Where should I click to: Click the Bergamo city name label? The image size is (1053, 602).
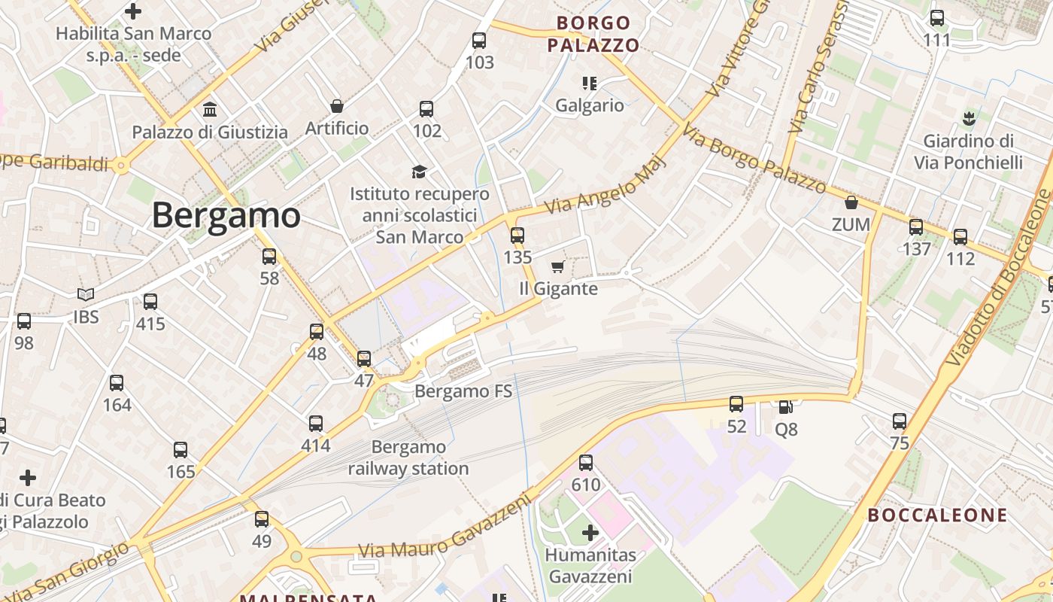[226, 216]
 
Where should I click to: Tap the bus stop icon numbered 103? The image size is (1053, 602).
[479, 41]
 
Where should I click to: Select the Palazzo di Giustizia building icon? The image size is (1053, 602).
[210, 110]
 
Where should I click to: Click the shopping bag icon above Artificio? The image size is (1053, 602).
[337, 106]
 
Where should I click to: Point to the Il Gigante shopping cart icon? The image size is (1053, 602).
[557, 267]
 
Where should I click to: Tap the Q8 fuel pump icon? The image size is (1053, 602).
[785, 407]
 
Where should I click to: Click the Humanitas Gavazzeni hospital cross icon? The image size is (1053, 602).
[590, 534]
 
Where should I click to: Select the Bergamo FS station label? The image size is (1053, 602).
[463, 391]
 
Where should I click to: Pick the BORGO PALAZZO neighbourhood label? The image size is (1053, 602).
[593, 34]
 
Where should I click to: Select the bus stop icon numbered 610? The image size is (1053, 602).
[586, 463]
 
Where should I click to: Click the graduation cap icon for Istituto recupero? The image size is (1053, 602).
[419, 172]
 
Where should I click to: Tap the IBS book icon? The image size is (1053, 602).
[86, 295]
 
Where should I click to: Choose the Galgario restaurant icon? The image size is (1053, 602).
[589, 83]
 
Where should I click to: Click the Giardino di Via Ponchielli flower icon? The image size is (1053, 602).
[968, 118]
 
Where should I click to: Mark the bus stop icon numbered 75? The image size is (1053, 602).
[900, 421]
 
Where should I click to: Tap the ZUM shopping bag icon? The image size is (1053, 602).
[851, 202]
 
